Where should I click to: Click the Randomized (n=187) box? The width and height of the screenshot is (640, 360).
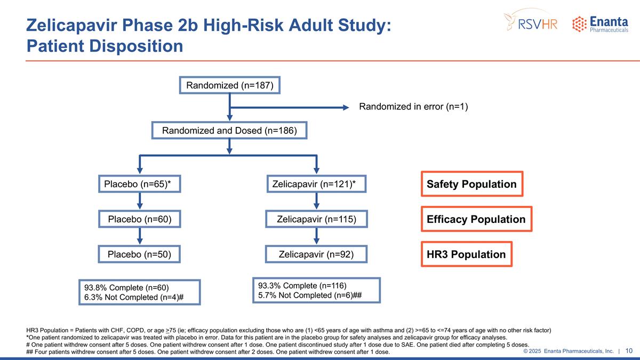coord(229,86)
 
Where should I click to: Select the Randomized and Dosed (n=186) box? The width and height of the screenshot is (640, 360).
coord(229,131)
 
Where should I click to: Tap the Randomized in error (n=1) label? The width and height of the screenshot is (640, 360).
coord(413,107)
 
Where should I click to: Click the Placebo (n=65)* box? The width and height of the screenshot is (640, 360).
coord(140,184)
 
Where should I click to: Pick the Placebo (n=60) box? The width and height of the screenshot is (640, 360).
coord(140,219)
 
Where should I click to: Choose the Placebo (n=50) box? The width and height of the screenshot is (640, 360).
coord(140,254)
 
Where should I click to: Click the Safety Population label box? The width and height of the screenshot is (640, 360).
coord(471,184)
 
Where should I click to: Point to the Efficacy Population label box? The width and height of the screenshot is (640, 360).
coord(476,219)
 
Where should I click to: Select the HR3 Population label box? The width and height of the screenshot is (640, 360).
coord(466,254)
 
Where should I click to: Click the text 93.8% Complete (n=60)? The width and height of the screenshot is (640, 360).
coord(127,287)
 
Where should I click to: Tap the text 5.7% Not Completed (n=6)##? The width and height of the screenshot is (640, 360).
coord(310,295)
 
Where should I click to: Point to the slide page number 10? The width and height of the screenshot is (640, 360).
coord(629,351)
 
